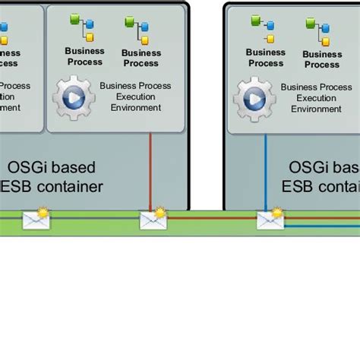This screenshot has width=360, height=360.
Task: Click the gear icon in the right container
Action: pyautogui.click(x=254, y=99)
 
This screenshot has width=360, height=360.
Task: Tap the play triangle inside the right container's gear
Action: pyautogui.click(x=255, y=99)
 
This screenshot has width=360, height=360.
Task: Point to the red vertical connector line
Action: pyautogui.click(x=151, y=171)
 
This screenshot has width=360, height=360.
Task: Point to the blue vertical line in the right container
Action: pyautogui.click(x=265, y=171)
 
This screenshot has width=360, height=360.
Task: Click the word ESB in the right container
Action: pyautogui.click(x=299, y=186)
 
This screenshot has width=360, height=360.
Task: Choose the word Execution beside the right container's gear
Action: pyautogui.click(x=316, y=98)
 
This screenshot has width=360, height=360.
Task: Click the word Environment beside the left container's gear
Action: pyautogui.click(x=136, y=108)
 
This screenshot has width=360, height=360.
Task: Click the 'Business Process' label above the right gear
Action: pyautogui.click(x=266, y=58)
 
